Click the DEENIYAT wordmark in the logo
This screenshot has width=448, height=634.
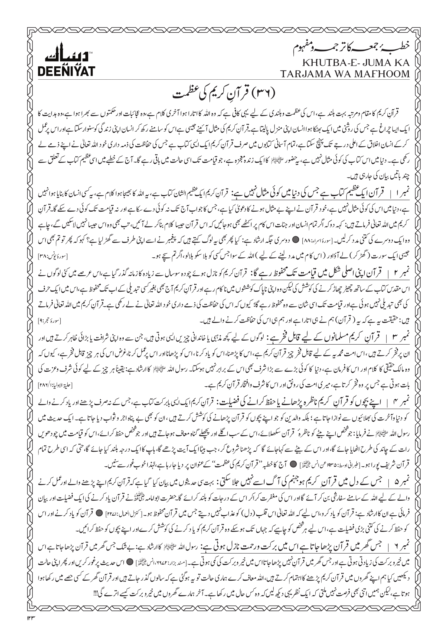pos(67,71)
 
